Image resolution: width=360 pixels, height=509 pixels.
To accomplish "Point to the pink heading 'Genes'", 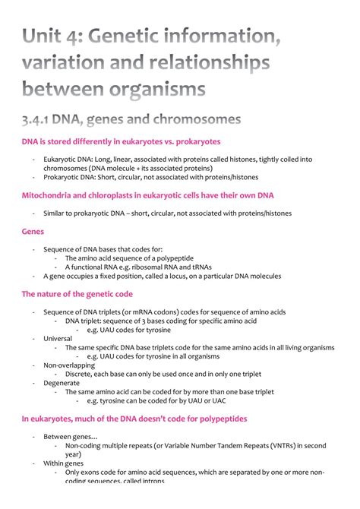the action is pyautogui.click(x=33, y=231).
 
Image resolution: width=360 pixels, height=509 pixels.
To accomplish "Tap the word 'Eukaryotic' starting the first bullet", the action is pyautogui.click(x=59, y=160).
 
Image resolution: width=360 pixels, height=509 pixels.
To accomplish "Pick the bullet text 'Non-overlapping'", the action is pyautogui.click(x=69, y=365).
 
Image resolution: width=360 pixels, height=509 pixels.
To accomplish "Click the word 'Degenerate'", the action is pyautogui.click(x=62, y=383).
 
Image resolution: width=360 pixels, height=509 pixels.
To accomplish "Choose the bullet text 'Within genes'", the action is pyautogui.click(x=64, y=463).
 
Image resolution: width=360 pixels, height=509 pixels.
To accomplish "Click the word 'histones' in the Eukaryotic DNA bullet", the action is pyautogui.click(x=276, y=160).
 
